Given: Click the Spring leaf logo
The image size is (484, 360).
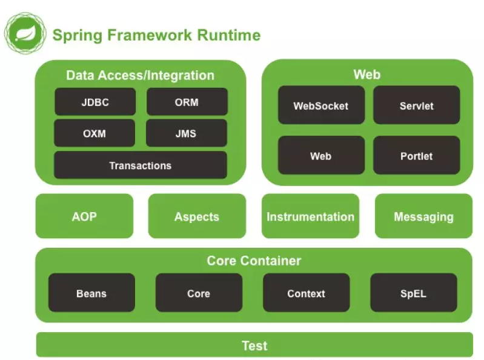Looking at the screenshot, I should tap(25, 34).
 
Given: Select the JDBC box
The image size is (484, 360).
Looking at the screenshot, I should tap(95, 102).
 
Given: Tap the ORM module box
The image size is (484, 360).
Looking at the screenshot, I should tap(187, 102).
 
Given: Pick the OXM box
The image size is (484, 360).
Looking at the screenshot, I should tap(95, 133).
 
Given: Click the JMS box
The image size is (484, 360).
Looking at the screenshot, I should tap(187, 133).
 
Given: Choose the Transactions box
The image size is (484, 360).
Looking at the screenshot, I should tap(141, 165).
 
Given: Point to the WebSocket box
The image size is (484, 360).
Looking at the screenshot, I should tap(321, 105).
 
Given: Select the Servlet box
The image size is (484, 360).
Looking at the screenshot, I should tap(417, 105).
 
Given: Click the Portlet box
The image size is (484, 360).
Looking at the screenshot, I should tap(417, 156).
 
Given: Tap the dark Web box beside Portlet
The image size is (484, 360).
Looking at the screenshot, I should tap(321, 156).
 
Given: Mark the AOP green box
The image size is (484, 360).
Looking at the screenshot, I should tap(84, 216).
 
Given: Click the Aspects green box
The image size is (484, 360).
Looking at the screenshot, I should tap(197, 216).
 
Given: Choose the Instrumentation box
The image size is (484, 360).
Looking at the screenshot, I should tap(310, 216).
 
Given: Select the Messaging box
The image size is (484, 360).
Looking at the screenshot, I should tap(423, 216).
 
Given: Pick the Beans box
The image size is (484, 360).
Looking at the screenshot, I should tap(91, 293).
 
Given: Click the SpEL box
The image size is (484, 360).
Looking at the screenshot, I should tap(413, 293).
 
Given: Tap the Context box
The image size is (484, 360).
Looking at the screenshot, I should tap(306, 293).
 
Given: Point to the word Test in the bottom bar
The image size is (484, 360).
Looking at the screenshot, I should tap(254, 345).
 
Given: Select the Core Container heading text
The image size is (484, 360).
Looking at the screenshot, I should tap(254, 261).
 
